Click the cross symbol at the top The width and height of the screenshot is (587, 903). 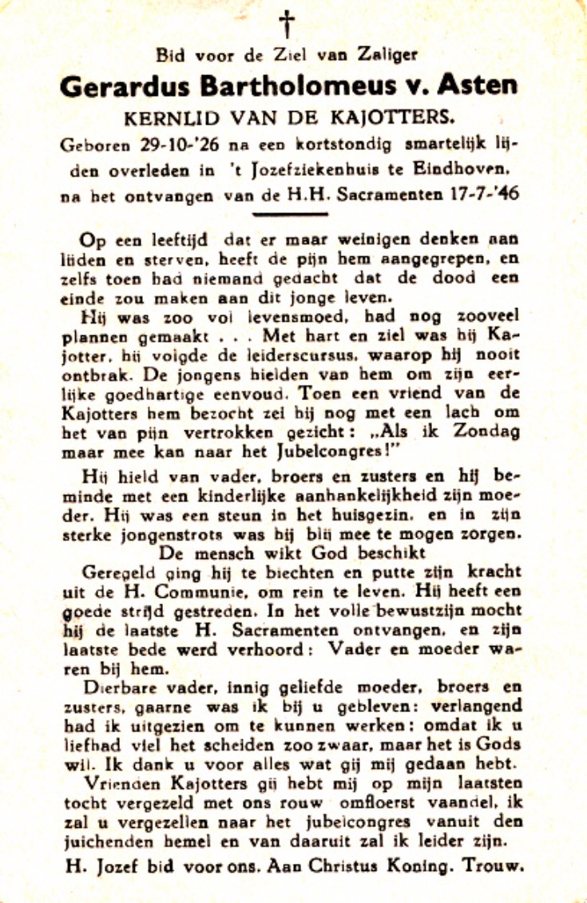pyautogui.click(x=287, y=24)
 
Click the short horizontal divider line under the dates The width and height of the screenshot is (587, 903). pyautogui.click(x=291, y=214)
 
